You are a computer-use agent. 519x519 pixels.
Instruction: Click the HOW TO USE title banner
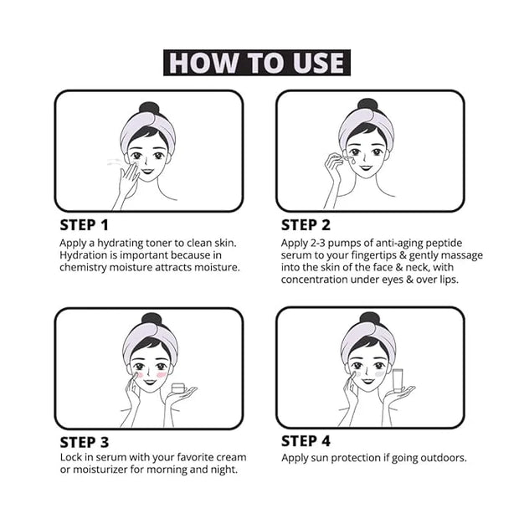click(x=257, y=63)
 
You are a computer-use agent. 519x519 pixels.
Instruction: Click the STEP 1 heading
click(x=84, y=225)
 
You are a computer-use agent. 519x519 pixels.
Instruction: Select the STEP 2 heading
click(x=306, y=225)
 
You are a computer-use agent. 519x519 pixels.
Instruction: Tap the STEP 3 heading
click(x=84, y=443)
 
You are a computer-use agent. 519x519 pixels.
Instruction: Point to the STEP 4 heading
click(x=306, y=441)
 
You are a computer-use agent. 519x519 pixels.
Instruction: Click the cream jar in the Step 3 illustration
click(x=178, y=388)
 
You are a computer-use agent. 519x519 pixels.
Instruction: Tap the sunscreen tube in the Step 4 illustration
click(x=398, y=380)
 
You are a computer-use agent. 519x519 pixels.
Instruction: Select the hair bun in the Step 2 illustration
click(x=367, y=105)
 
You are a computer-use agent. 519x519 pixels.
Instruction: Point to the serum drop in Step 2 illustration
click(x=353, y=162)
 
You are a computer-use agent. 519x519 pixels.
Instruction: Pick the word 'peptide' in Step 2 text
click(x=444, y=244)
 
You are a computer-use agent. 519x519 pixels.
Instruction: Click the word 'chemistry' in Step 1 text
click(x=83, y=268)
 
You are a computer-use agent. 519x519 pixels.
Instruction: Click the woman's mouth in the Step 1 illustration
click(x=147, y=171)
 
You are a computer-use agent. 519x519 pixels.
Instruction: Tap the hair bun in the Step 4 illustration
click(x=369, y=319)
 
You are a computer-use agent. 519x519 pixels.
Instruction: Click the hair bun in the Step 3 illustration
click(x=152, y=320)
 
